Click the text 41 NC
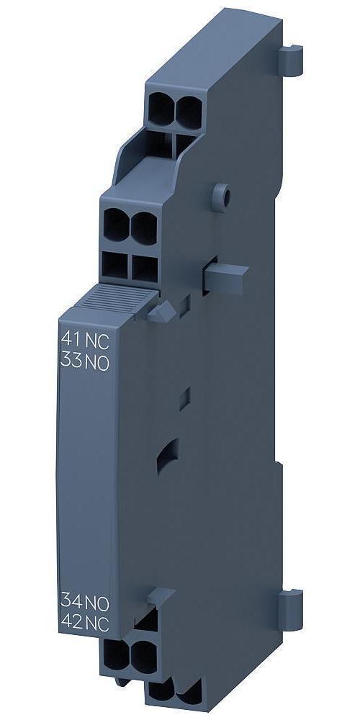point(85,341)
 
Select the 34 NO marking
point(85,601)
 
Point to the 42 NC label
point(85,623)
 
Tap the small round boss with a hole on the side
point(222,197)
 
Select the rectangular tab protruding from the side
point(225,278)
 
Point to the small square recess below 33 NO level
point(184,399)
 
